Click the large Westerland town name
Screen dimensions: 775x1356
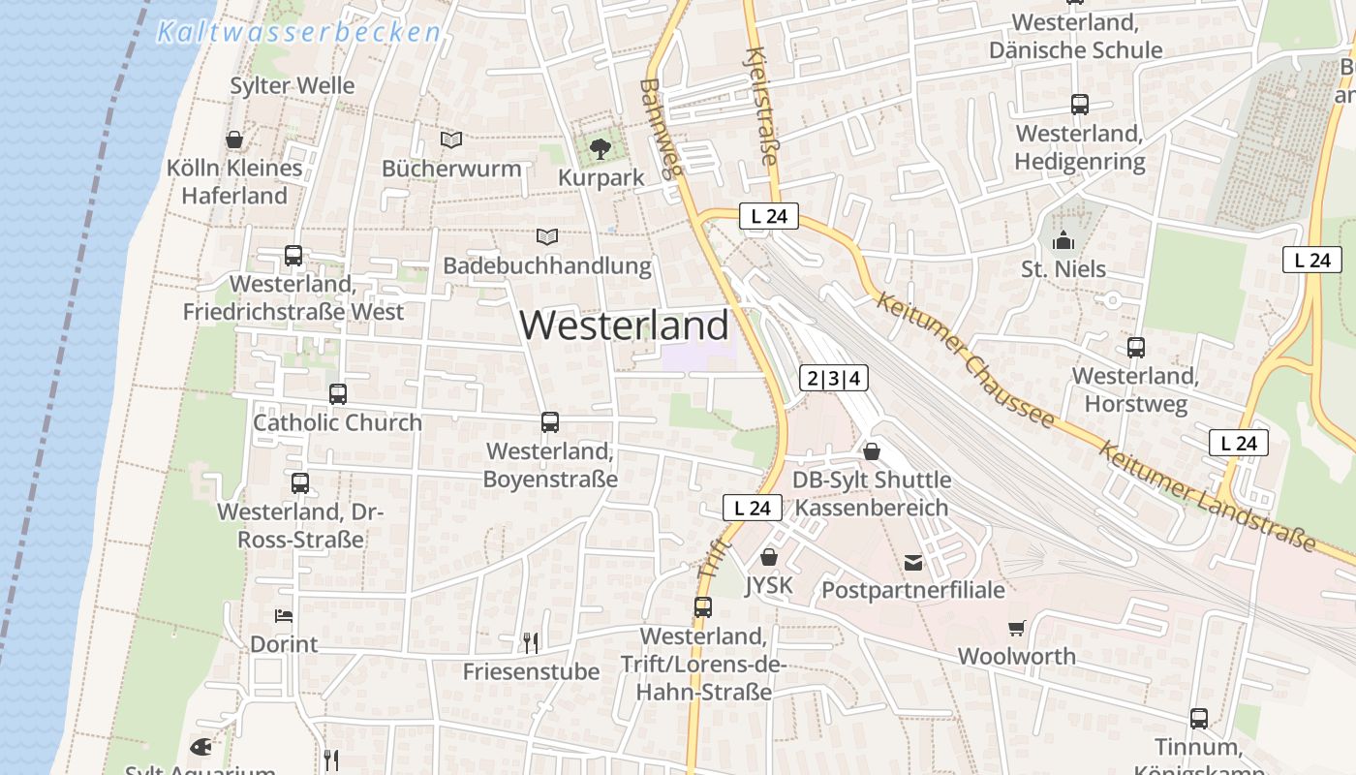click(625, 325)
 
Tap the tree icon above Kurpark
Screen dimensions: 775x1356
click(601, 148)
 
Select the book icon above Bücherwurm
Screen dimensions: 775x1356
click(451, 139)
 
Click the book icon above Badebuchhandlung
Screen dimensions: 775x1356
click(547, 236)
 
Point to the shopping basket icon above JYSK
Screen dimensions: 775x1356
click(769, 557)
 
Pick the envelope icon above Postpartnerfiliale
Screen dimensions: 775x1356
click(912, 562)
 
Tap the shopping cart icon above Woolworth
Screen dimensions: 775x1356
click(1016, 629)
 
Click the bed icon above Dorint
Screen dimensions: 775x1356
click(284, 615)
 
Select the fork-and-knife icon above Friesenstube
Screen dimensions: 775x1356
click(530, 642)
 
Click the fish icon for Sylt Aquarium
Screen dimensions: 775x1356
click(200, 747)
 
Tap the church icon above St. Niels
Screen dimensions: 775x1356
click(1063, 240)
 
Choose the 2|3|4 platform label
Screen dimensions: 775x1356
click(833, 378)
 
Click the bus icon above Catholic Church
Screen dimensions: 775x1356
click(337, 394)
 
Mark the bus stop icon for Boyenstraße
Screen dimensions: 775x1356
click(550, 422)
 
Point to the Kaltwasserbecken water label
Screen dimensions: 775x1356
click(298, 33)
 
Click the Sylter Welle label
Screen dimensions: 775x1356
click(293, 85)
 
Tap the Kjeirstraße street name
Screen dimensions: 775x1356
click(763, 107)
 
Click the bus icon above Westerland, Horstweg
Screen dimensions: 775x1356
click(1136, 347)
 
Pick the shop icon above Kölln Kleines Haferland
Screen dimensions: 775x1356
click(234, 139)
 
